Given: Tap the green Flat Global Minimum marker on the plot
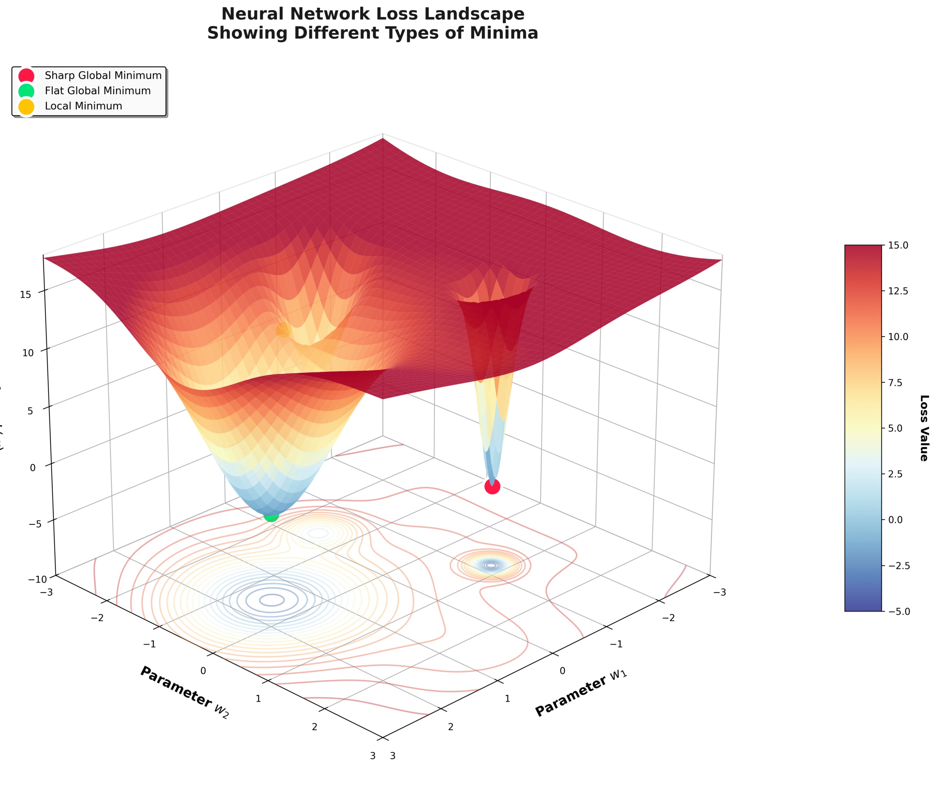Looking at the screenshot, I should coord(271,515).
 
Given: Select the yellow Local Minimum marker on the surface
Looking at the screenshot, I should coord(283,330).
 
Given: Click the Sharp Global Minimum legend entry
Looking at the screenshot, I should coord(103,75).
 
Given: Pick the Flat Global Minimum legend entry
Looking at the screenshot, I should coord(98,91).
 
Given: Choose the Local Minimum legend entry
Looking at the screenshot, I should coord(84,106).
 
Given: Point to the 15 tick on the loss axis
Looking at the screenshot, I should coord(26,295).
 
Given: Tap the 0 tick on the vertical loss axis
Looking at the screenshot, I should coord(33,468).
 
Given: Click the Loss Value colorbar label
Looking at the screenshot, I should coord(924,427).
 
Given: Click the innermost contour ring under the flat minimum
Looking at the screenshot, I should coord(272,600).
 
